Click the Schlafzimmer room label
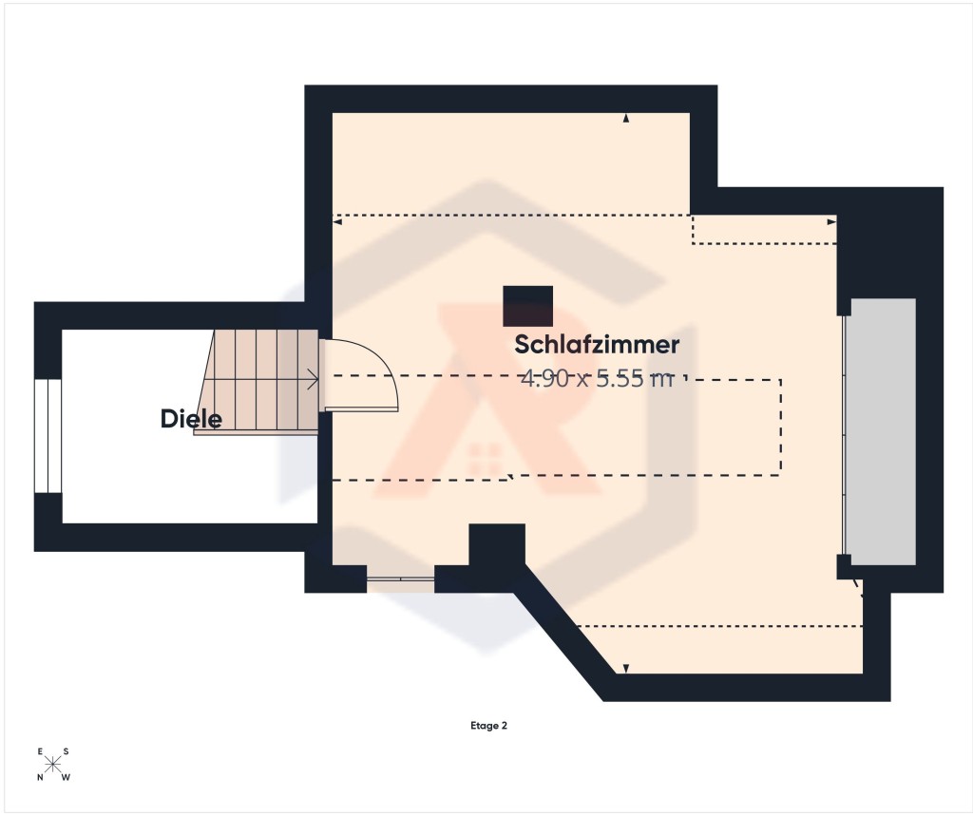(597, 345)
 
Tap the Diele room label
(191, 419)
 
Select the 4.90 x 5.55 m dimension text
(597, 378)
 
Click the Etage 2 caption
(489, 726)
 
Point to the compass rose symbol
(53, 765)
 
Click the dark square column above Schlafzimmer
(527, 306)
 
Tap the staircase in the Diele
(258, 382)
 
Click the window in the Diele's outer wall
(48, 436)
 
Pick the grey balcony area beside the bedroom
(883, 432)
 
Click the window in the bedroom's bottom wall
(400, 579)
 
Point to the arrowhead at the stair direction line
(314, 379)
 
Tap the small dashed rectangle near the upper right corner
(764, 230)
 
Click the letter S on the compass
(66, 751)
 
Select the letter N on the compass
(40, 777)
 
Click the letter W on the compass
(67, 777)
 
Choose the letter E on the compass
(40, 751)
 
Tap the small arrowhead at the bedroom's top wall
(626, 118)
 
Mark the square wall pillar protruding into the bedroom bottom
(496, 545)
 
